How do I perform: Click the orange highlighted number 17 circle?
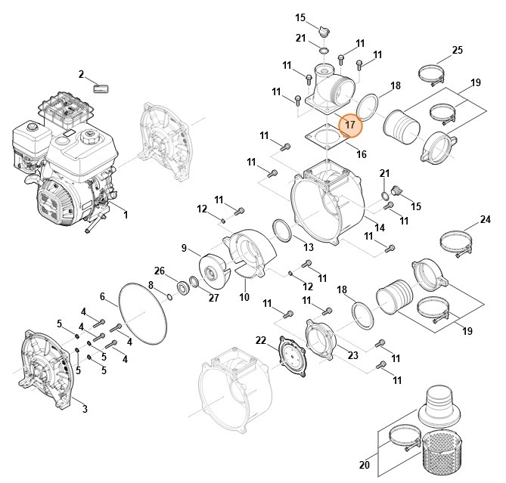click(350, 125)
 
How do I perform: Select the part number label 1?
click(126, 215)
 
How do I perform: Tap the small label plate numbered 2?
click(101, 88)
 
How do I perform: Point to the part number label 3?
click(85, 409)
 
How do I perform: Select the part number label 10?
click(244, 296)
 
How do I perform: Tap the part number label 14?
click(380, 228)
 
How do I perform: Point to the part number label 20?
click(365, 465)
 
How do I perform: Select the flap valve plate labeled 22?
click(292, 355)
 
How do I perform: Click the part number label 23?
click(353, 355)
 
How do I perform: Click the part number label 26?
click(160, 271)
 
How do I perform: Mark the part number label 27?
click(213, 298)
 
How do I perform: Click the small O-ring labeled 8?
click(169, 296)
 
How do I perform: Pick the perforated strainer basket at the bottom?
click(442, 454)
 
